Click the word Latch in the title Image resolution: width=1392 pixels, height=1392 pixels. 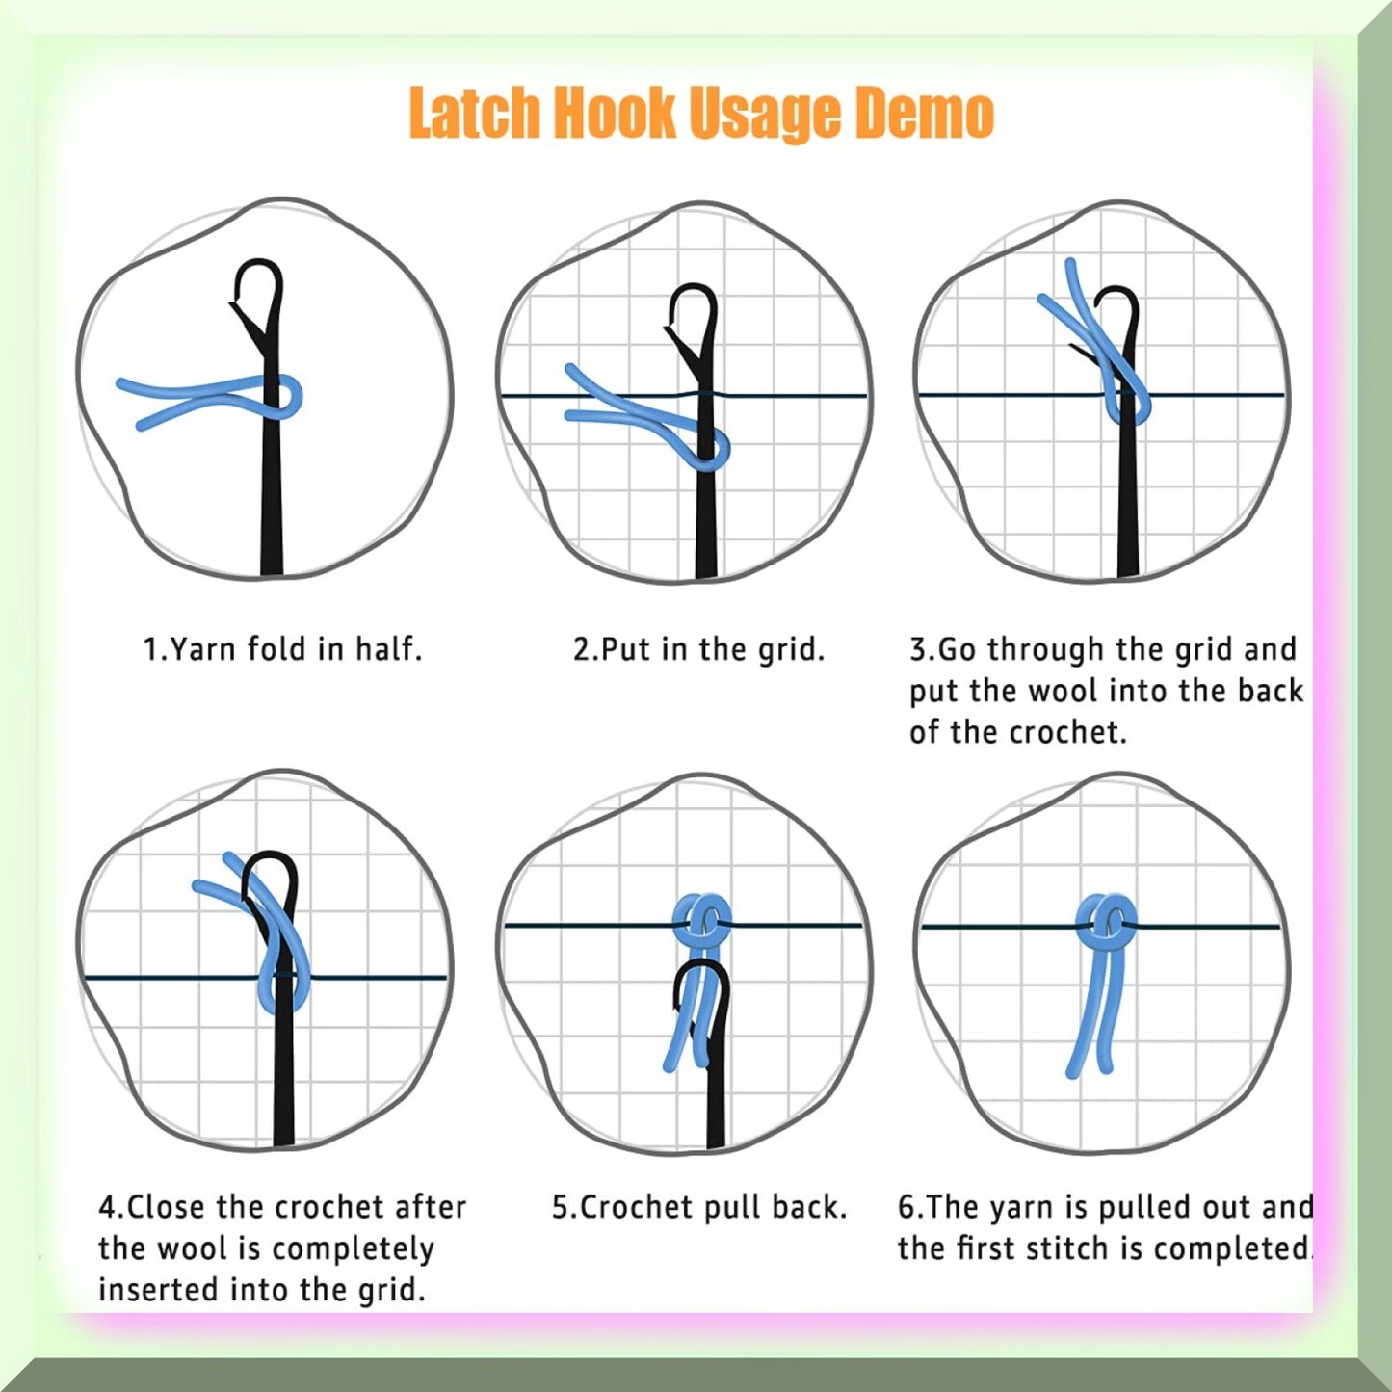(x=474, y=114)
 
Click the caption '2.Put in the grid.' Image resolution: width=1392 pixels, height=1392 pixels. (x=698, y=648)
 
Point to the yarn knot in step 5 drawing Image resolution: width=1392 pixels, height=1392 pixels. (x=701, y=922)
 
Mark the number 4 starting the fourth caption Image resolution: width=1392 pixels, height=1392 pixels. (x=106, y=1208)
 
